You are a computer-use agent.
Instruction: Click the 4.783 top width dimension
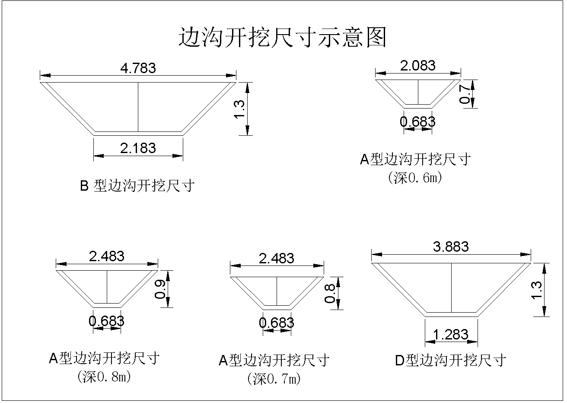(138, 68)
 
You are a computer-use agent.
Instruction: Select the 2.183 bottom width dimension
(138, 148)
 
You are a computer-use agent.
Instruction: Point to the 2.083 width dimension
(417, 66)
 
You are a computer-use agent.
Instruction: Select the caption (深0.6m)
(415, 178)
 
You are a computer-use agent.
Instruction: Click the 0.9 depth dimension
(159, 289)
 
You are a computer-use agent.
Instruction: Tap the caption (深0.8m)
(104, 377)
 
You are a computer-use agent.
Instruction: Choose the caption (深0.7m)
(274, 379)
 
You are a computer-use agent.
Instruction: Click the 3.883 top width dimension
(451, 246)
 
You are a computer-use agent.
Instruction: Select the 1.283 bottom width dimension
(451, 334)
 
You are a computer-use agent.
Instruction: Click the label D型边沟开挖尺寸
(451, 360)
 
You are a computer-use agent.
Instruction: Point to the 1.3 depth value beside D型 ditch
(536, 290)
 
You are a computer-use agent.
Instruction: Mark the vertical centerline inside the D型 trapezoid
(451, 288)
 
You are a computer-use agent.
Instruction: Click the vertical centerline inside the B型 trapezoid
(138, 107)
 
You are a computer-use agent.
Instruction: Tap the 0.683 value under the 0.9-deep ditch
(106, 321)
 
